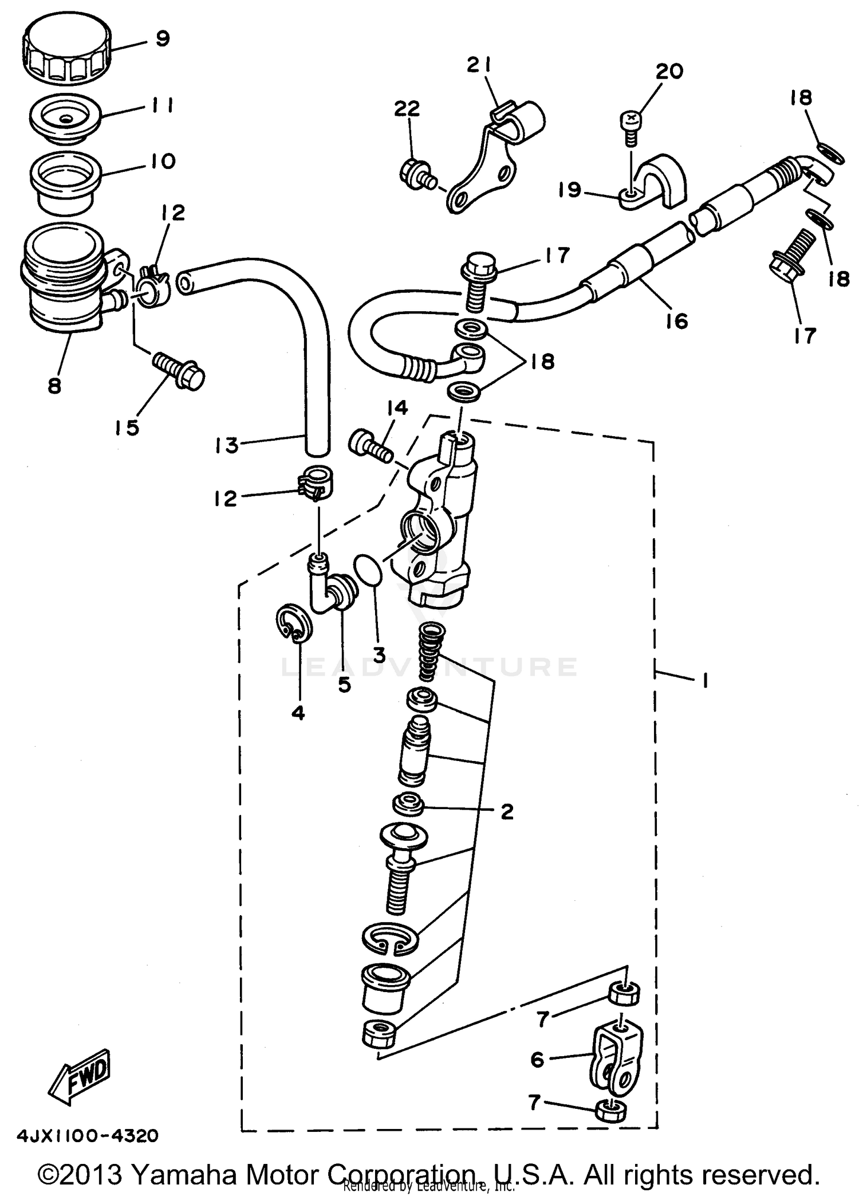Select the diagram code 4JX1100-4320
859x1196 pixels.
[88, 1135]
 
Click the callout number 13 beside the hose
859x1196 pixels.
[227, 445]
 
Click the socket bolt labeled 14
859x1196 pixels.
[371, 445]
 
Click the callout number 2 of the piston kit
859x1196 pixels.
[507, 811]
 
